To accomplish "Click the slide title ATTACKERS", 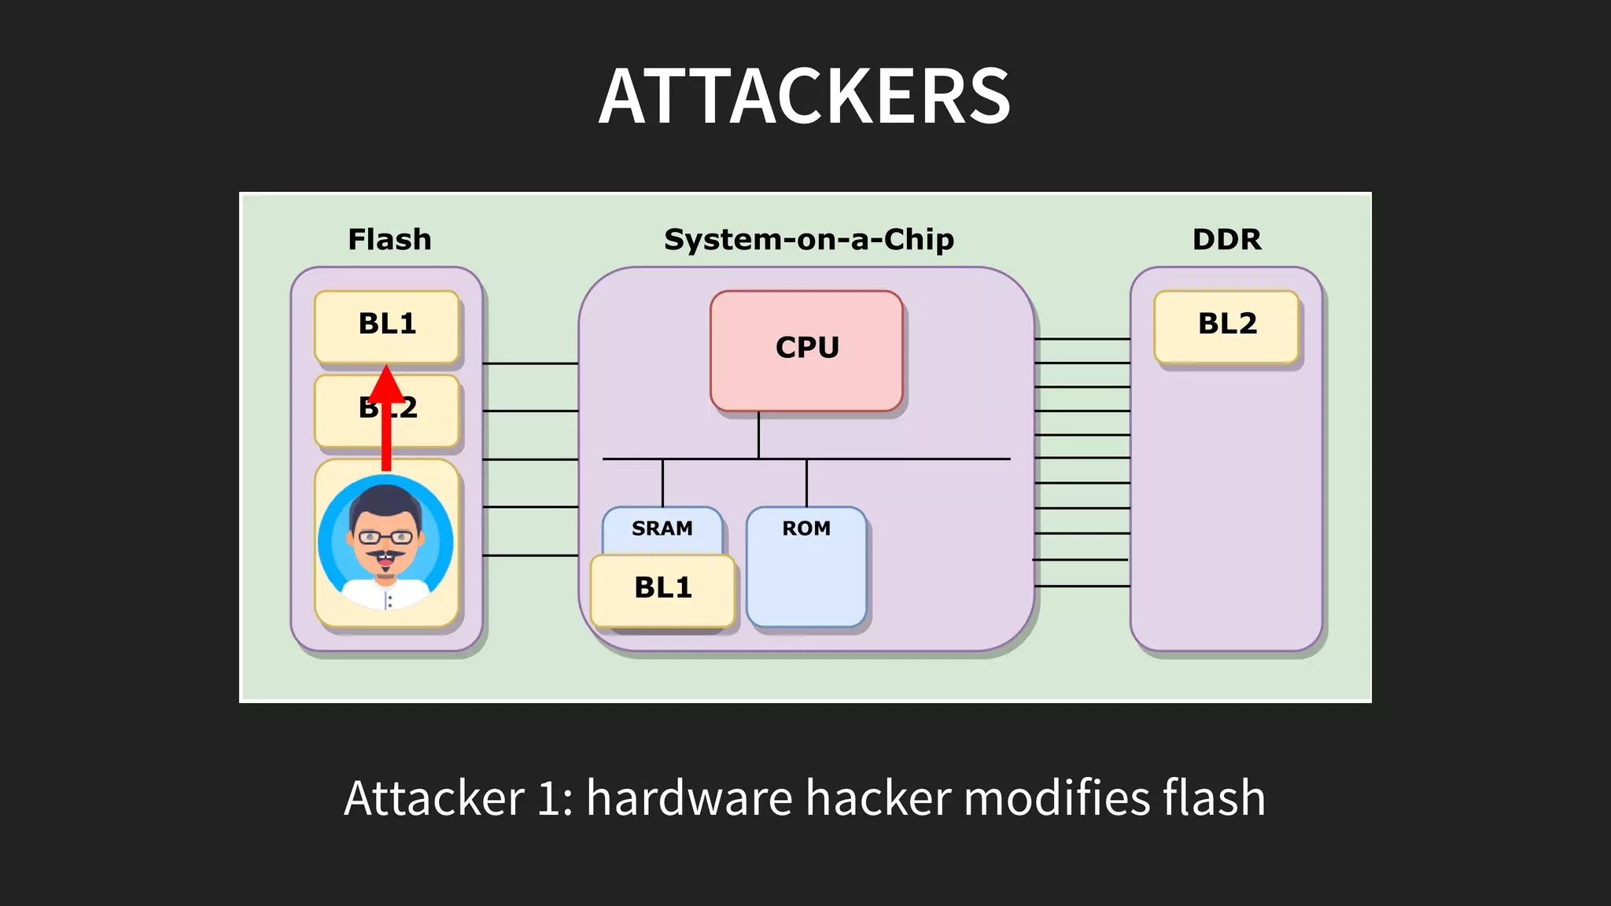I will tap(805, 97).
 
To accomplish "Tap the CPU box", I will tap(806, 350).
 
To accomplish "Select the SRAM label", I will tap(662, 528).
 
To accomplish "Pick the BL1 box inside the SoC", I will tap(662, 589).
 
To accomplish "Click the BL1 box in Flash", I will tap(386, 325).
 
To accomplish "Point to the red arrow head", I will tap(386, 384).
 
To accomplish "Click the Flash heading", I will tap(389, 239).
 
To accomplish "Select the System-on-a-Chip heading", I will tap(809, 239).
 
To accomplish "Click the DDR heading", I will tap(1226, 239).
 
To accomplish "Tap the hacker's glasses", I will tap(385, 538).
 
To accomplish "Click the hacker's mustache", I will tap(385, 556).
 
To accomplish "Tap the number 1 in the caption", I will tap(548, 798).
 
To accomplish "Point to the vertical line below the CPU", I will tap(758, 434).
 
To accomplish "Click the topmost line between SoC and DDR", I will tap(1082, 339).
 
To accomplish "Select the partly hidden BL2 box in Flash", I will tap(425, 411).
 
